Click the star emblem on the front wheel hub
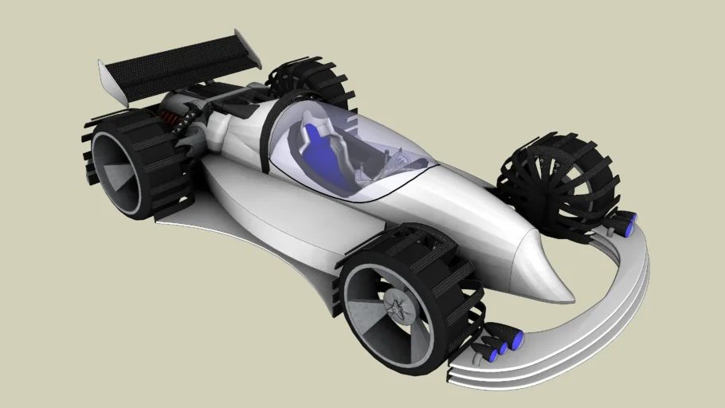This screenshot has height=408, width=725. (x=395, y=306)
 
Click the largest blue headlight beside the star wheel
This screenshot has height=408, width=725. (x=516, y=341)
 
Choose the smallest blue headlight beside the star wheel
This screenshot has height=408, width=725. (x=484, y=354)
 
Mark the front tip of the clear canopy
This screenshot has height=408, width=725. (x=435, y=166)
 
